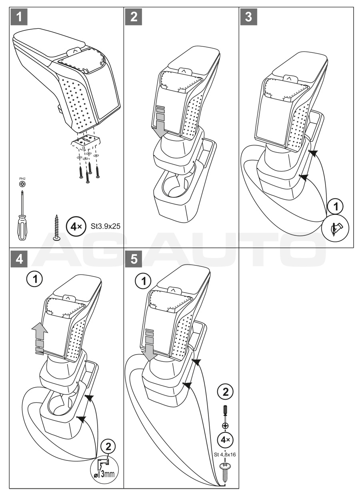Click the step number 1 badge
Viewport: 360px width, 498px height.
(x=19, y=17)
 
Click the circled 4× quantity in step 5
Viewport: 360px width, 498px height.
(x=225, y=440)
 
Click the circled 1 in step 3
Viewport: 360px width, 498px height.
(x=335, y=206)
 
